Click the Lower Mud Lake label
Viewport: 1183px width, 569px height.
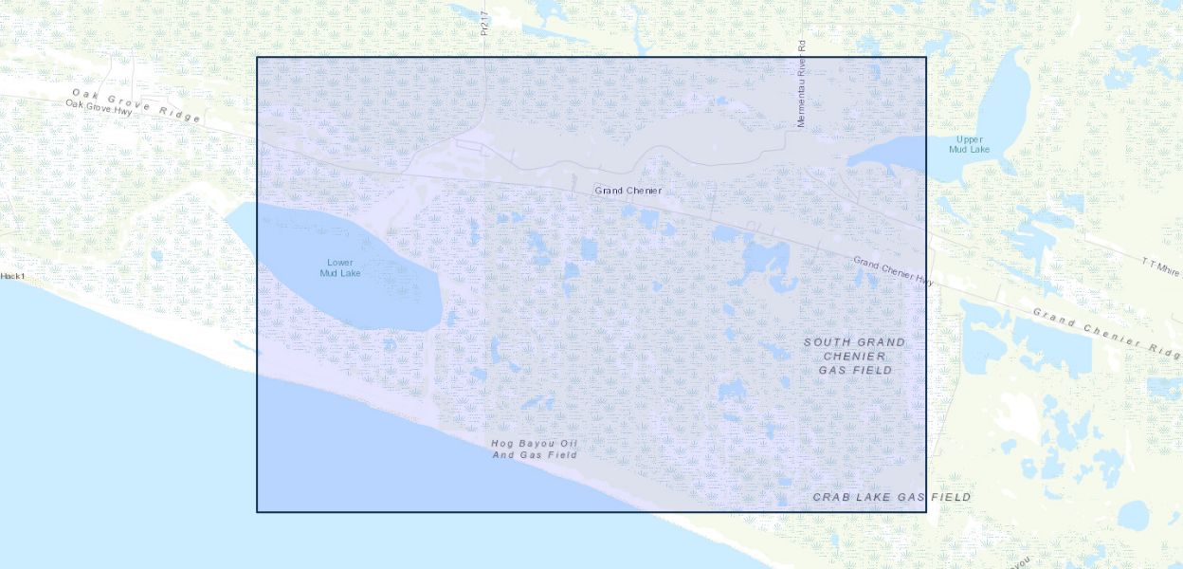coord(340,268)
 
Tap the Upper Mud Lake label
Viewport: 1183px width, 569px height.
coord(969,144)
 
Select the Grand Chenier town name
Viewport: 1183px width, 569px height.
coord(628,191)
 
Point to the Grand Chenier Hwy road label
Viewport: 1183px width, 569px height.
coord(893,270)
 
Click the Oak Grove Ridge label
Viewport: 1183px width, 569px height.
coord(136,105)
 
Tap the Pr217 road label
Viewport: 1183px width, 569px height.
coord(484,24)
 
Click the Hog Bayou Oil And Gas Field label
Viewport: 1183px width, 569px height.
coord(535,450)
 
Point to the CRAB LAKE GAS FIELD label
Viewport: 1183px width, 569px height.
coord(891,497)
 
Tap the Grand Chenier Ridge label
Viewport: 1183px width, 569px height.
coord(1105,333)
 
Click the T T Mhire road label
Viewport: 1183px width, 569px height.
coord(1161,265)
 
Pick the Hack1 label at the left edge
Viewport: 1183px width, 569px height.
coord(12,276)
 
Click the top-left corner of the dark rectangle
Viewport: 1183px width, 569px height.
coord(257,57)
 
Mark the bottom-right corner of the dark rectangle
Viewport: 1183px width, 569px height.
coord(926,512)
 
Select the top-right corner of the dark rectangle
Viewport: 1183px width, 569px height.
coord(926,57)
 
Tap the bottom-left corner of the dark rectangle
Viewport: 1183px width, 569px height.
coord(257,512)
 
